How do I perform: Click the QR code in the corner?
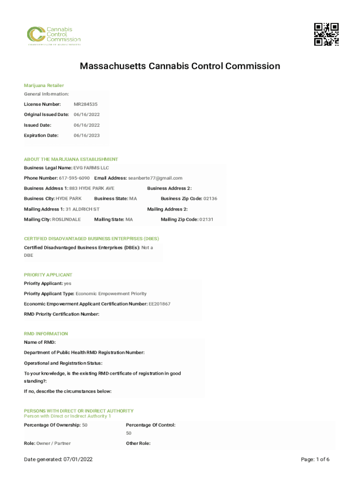[326, 34]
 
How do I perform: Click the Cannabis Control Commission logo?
[53, 36]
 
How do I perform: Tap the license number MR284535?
[86, 104]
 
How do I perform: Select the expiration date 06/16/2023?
[86, 136]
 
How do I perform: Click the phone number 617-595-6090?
[74, 178]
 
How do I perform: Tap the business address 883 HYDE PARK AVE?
[92, 189]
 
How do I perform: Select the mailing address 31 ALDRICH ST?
[82, 209]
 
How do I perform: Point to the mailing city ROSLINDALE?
[66, 219]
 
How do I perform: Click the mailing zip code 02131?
[206, 219]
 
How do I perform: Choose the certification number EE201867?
[159, 304]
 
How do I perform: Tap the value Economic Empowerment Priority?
[111, 294]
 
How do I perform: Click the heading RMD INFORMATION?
[46, 334]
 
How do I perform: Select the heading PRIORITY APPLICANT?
[48, 275]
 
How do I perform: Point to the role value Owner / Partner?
[54, 443]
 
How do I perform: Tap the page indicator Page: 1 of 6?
[316, 460]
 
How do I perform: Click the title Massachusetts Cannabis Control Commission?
[180, 66]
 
